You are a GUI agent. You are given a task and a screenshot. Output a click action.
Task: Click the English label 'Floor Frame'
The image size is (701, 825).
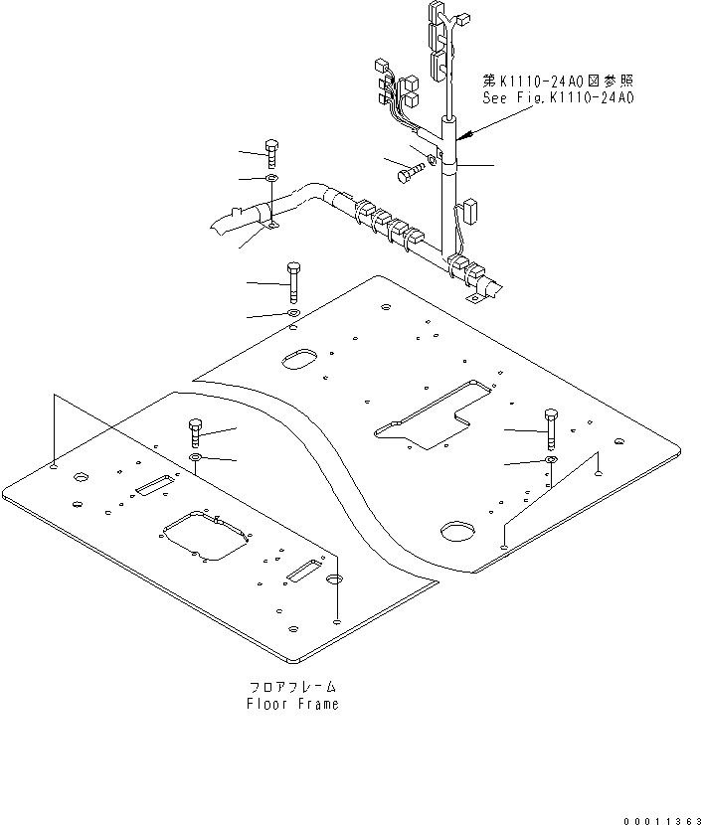pyautogui.click(x=292, y=704)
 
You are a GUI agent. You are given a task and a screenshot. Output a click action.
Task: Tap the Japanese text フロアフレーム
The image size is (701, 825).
pyautogui.click(x=292, y=687)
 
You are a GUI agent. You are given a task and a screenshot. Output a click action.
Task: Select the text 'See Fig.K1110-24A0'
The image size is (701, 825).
pyautogui.click(x=558, y=97)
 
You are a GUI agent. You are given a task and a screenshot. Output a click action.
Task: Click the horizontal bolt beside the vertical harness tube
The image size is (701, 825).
pyautogui.click(x=407, y=174)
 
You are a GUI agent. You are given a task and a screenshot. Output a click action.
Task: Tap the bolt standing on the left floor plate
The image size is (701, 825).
pyautogui.click(x=195, y=434)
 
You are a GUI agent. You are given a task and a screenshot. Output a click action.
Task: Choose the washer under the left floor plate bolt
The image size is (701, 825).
pyautogui.click(x=196, y=457)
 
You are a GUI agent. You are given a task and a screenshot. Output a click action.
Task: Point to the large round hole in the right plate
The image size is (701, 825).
pyautogui.click(x=457, y=531)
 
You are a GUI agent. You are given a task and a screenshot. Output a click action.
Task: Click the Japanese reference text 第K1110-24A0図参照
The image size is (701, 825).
pyautogui.click(x=558, y=81)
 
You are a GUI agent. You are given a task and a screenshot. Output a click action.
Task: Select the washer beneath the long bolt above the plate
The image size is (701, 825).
pyautogui.click(x=293, y=313)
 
